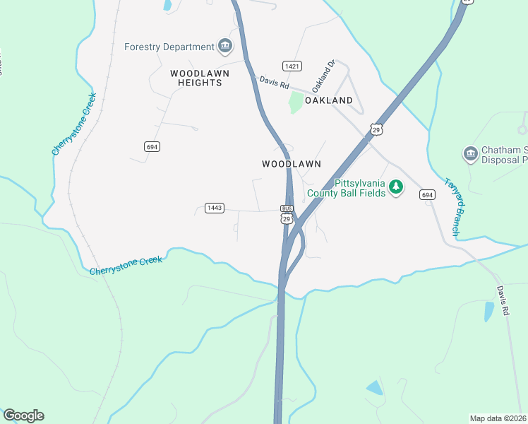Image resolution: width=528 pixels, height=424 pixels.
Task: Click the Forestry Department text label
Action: (x=169, y=47)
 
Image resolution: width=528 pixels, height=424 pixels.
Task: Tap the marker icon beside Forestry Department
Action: (x=225, y=47)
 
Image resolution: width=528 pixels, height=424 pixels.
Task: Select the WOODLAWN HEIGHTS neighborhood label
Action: (x=196, y=78)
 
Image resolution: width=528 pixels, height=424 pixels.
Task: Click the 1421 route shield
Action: (x=292, y=66)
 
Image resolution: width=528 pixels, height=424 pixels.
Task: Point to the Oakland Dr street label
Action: (x=322, y=76)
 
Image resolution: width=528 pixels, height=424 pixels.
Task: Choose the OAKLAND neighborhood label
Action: (x=329, y=101)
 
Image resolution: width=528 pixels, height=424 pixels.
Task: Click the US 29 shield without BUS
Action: (x=376, y=129)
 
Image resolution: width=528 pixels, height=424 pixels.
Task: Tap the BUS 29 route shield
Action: (x=287, y=214)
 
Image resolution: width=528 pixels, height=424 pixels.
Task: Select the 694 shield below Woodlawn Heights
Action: (x=152, y=146)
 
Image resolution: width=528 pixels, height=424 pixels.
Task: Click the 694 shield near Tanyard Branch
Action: (x=426, y=194)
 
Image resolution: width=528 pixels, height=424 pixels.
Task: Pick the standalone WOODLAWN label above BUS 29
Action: (x=292, y=163)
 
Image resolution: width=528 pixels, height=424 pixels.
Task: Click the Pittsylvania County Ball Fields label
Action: (x=346, y=187)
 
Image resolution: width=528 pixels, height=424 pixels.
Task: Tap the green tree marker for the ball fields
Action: (x=396, y=187)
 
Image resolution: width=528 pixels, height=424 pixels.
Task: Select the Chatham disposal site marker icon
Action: (x=470, y=153)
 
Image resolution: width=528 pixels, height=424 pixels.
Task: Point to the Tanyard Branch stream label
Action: (x=452, y=206)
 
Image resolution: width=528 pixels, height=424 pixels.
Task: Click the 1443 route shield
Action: (x=215, y=208)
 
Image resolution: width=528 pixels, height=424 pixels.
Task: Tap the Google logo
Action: (x=23, y=416)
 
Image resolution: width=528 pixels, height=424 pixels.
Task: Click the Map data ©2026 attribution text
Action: (x=498, y=418)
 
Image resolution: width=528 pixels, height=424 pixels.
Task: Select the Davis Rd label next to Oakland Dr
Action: (x=275, y=83)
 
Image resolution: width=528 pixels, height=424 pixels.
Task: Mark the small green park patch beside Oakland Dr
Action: (x=296, y=102)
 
